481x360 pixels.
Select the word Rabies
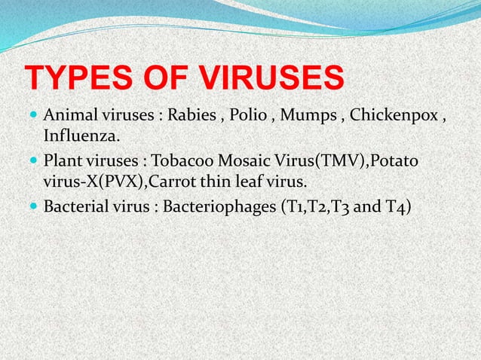pos(190,117)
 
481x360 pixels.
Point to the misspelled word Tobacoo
pos(184,163)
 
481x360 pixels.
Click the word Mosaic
pos(247,163)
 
